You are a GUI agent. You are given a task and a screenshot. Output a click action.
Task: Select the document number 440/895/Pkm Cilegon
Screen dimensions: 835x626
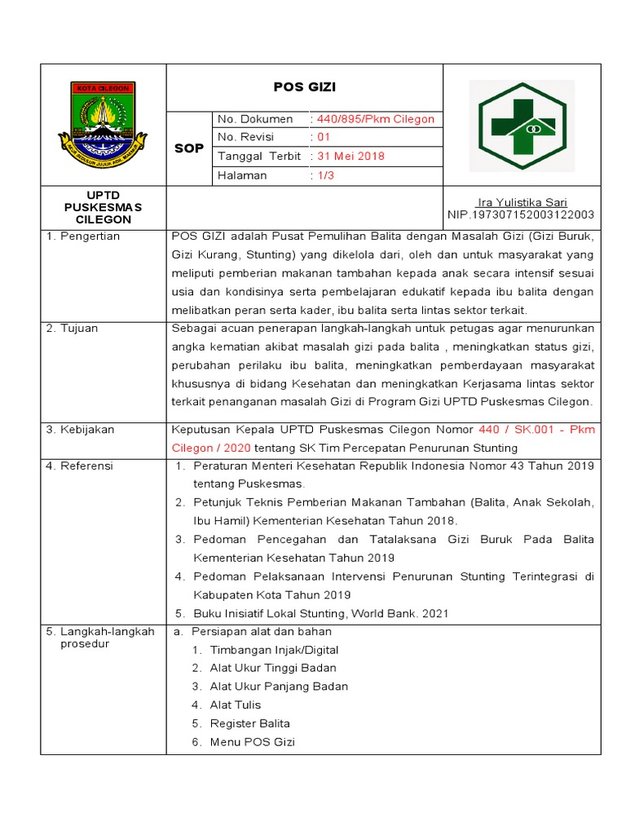pyautogui.click(x=375, y=119)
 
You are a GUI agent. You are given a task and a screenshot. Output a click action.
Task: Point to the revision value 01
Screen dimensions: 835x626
pyautogui.click(x=323, y=137)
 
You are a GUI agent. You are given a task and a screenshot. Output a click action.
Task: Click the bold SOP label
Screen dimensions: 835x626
pyautogui.click(x=189, y=148)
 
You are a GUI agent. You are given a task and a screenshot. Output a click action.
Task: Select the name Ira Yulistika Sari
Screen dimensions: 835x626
pyautogui.click(x=522, y=202)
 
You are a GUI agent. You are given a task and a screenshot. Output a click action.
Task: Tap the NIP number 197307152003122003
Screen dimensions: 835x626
pyautogui.click(x=521, y=214)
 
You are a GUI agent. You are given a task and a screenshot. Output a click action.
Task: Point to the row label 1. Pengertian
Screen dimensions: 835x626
pyautogui.click(x=82, y=236)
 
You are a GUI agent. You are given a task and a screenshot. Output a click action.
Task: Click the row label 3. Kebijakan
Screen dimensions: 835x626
pyautogui.click(x=80, y=429)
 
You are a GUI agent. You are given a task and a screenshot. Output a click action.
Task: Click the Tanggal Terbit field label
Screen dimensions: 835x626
pyautogui.click(x=258, y=156)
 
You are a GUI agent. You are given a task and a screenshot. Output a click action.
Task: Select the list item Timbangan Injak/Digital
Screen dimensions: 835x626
pyautogui.click(x=274, y=650)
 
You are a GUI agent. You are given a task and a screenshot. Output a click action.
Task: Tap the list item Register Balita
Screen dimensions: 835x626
pyautogui.click(x=249, y=723)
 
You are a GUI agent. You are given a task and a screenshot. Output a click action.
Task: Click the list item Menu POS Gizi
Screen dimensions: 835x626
pyautogui.click(x=252, y=742)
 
